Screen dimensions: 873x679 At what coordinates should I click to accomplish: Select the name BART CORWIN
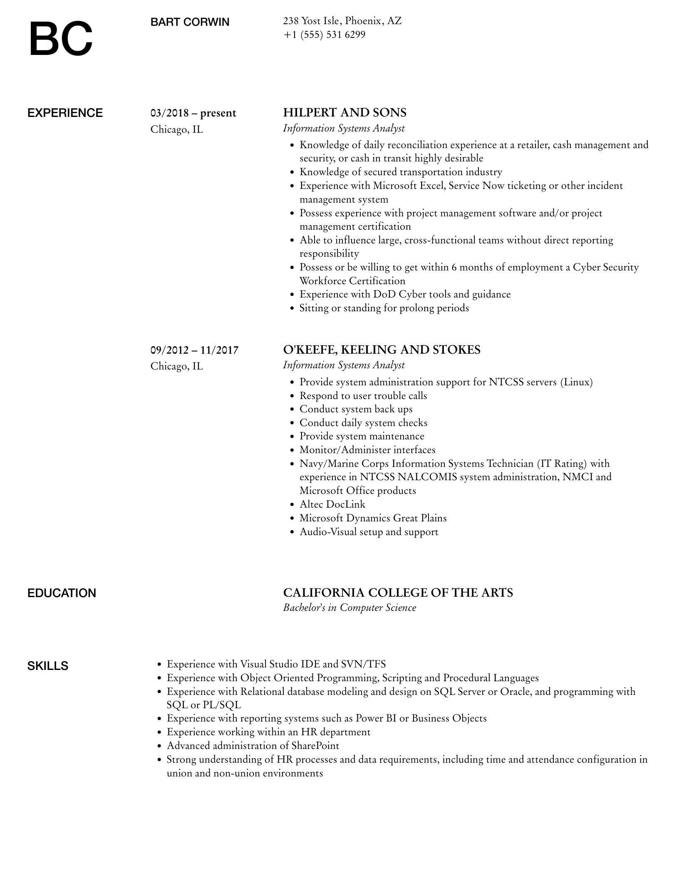[190, 22]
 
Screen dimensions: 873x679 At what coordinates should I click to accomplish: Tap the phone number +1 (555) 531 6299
[324, 35]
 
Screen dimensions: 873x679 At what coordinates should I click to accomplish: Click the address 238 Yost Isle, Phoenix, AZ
[342, 21]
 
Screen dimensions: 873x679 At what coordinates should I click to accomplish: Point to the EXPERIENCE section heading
[65, 113]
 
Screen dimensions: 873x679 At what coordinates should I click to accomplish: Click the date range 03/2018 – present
[193, 113]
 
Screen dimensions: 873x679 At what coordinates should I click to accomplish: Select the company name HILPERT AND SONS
[344, 113]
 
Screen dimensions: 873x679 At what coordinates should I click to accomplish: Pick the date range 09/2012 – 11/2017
[194, 350]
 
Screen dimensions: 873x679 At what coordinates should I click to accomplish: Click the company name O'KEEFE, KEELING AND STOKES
[382, 350]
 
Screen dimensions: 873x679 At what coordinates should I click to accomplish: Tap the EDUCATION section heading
[62, 593]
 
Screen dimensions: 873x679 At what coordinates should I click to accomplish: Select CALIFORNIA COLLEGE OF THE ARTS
[398, 593]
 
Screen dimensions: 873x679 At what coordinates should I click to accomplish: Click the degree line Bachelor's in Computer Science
[349, 608]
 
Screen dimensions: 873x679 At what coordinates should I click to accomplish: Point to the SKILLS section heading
[48, 666]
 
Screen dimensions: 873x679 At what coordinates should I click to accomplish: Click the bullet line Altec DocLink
[332, 504]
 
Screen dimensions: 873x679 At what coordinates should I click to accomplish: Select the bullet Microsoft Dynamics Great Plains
[373, 518]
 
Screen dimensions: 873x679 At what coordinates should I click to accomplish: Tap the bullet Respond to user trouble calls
[363, 396]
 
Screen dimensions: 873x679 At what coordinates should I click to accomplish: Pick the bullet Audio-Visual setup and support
[369, 532]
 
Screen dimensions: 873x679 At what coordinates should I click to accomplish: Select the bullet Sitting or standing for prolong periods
[384, 308]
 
